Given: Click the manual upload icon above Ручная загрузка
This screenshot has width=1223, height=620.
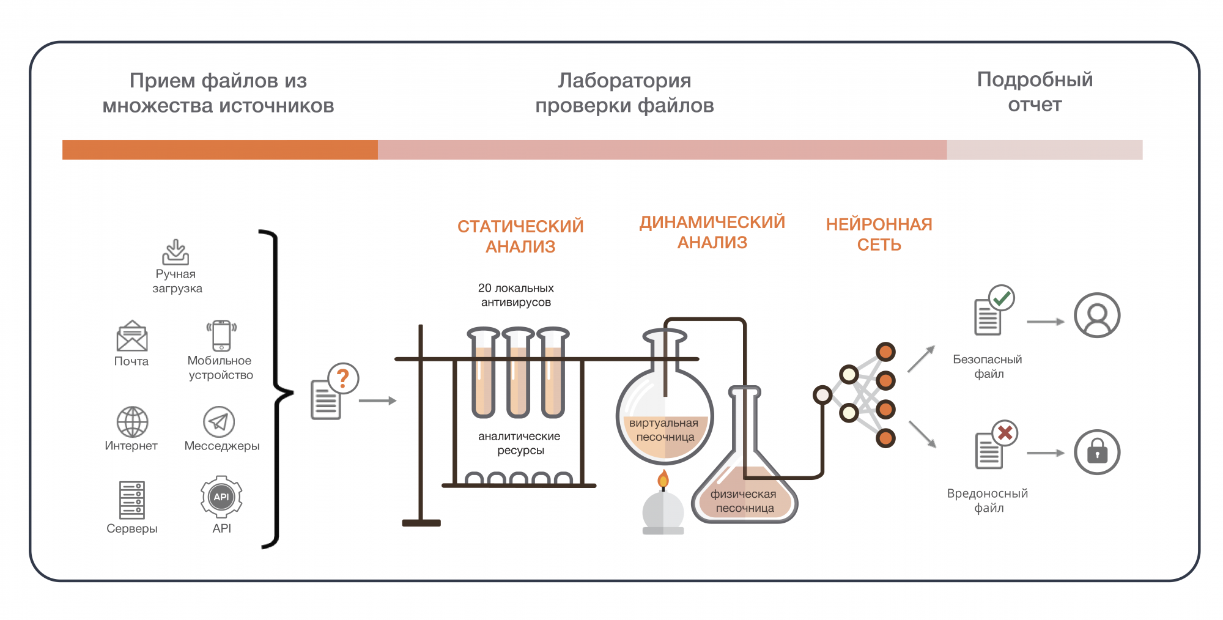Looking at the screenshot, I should point(176,251).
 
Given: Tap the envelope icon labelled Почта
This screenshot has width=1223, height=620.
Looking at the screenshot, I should point(132,336).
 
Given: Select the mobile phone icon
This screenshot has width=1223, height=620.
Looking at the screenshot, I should point(221,336).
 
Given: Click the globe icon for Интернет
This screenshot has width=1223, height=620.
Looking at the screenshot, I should point(132,422).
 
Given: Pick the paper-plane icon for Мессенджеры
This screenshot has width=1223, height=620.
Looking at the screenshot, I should point(219,422).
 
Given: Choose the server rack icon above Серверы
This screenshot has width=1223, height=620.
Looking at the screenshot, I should point(132,500).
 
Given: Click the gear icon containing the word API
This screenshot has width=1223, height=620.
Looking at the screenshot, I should point(221,496).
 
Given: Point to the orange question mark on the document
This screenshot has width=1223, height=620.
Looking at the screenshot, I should point(343,378).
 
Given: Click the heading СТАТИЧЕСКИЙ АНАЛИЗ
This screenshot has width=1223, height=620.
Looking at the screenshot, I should point(520,237).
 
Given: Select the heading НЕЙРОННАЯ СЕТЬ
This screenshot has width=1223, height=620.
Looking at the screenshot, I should point(879,234).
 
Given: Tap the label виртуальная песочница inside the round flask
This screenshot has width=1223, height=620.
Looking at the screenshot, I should point(665,430).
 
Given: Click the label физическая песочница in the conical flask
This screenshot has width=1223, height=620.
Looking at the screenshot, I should point(744,501).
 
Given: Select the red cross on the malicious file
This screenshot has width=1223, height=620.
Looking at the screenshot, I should point(1005,434).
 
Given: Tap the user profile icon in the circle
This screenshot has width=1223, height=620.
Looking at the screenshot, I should point(1097,316).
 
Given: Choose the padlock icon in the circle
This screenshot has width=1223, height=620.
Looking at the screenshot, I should point(1097,452).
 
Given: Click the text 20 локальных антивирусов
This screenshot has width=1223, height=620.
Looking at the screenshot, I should point(516,295).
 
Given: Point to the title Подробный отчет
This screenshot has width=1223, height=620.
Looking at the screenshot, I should point(1035,92).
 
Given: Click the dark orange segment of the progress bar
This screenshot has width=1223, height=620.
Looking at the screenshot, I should point(220,150).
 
